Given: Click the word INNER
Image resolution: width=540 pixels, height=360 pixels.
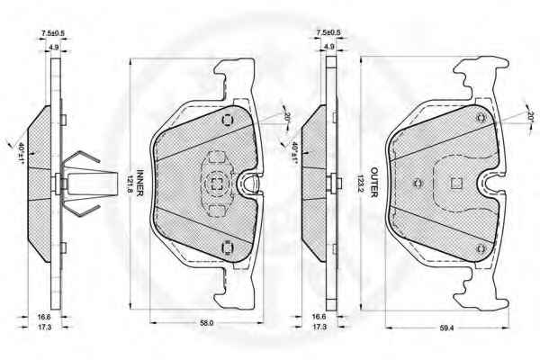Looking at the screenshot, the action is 139,183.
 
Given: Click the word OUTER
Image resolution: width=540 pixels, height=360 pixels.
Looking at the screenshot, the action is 374,182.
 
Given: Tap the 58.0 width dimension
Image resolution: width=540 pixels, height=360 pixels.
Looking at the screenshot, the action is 207,323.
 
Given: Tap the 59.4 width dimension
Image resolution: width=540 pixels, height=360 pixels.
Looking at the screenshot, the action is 446,328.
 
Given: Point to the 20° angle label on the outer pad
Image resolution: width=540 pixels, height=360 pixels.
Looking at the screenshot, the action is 531,116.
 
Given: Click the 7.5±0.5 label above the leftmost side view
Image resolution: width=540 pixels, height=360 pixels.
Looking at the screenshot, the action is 53,34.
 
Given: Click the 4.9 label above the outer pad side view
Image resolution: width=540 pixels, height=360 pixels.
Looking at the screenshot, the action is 329,46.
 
